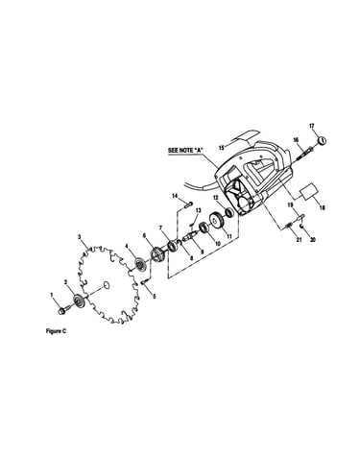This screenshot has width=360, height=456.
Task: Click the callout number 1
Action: (x=51, y=294)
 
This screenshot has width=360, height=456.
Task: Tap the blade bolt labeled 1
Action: (x=61, y=310)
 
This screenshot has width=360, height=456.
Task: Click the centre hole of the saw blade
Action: (x=107, y=285)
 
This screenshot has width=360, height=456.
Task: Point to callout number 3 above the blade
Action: (x=80, y=237)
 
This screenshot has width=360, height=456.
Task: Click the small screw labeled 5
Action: (x=144, y=282)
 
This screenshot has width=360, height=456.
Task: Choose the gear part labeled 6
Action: (x=157, y=255)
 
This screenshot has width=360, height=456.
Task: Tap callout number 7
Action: (x=161, y=228)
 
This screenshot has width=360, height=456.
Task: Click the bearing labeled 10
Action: (x=204, y=228)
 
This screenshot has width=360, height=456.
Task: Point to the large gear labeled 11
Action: (x=217, y=220)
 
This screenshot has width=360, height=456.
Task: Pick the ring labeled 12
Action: (x=229, y=212)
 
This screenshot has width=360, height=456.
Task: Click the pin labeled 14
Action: (x=188, y=204)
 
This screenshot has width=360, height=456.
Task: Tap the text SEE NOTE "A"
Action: (x=186, y=150)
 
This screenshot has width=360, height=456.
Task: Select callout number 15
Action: (x=222, y=148)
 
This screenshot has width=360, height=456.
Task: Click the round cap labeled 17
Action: (x=322, y=140)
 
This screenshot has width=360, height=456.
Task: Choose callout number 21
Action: (x=299, y=239)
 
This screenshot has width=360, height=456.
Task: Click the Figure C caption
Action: (x=56, y=331)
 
